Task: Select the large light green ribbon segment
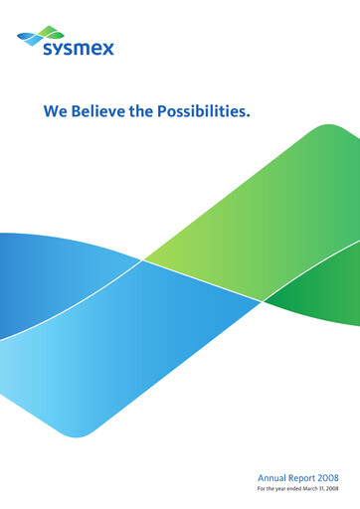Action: pos(249,219)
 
